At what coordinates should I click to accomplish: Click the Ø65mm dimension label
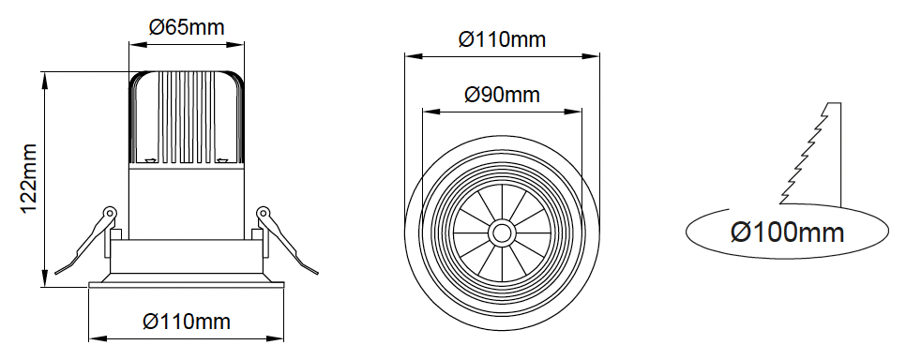coord(187,27)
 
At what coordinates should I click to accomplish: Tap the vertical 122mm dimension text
coord(29,178)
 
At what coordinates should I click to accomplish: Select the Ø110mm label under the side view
coord(187,322)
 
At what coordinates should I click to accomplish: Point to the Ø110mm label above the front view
coord(502,39)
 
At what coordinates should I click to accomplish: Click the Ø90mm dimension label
coord(502,95)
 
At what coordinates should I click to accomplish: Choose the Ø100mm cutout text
coord(788,232)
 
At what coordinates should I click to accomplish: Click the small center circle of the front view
coord(502,233)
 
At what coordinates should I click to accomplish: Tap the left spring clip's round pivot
coord(110,212)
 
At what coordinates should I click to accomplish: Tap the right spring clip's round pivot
coord(263,212)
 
